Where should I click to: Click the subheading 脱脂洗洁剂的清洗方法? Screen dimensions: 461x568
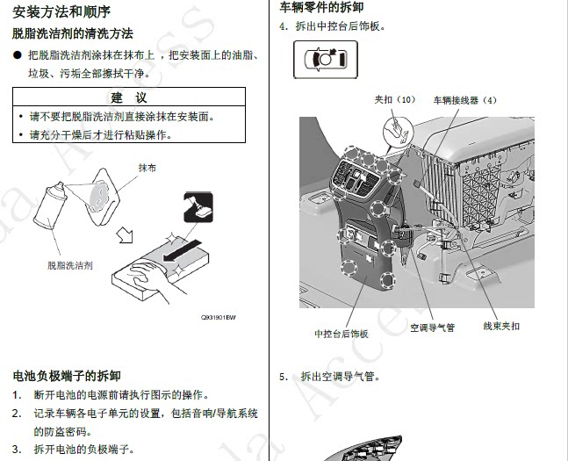(72, 33)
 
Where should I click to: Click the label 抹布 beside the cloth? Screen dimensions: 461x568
(147, 167)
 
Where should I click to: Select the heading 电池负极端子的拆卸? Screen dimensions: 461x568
(72, 376)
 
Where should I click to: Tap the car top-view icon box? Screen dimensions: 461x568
(325, 61)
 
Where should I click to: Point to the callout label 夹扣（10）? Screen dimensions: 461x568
(394, 99)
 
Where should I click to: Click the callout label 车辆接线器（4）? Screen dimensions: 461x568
(464, 99)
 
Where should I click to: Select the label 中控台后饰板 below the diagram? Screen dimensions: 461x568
(342, 334)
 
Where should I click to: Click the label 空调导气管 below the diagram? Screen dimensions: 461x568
(432, 329)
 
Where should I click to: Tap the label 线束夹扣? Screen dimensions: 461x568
(501, 327)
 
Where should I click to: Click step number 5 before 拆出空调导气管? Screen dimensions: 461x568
(284, 377)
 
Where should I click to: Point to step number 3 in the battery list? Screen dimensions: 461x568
(17, 449)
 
